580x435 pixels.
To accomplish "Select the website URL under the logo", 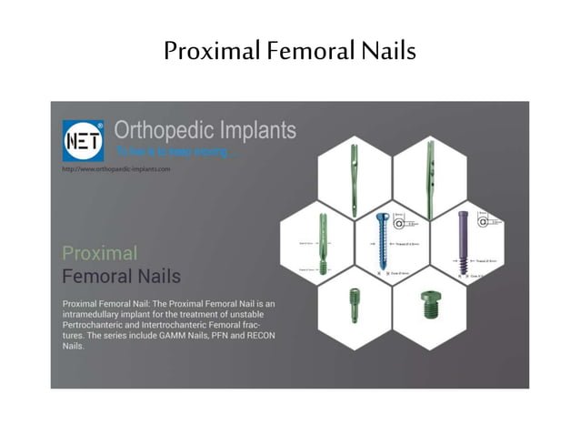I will pos(115,169).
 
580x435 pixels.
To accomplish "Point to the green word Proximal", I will pos(100,252).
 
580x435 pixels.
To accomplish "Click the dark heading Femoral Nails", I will pos(121,275).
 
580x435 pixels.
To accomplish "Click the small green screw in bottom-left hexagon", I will pos(353,302).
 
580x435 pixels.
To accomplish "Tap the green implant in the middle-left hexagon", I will pos(322,243).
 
